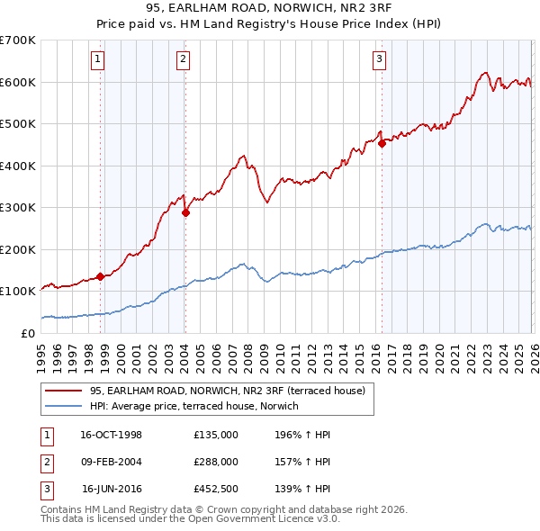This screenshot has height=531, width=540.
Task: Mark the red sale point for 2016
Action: coord(382,143)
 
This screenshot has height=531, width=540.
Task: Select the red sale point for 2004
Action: coord(185,213)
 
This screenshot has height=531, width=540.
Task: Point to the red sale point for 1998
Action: coord(100,276)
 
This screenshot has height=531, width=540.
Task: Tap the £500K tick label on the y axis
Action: coord(17,124)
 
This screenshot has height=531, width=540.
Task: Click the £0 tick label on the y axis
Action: coord(27,333)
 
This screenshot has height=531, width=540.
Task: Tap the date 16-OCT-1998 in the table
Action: coord(111,435)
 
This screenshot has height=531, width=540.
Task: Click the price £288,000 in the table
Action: coord(216,462)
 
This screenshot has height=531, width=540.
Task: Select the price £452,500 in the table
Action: coord(216,489)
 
